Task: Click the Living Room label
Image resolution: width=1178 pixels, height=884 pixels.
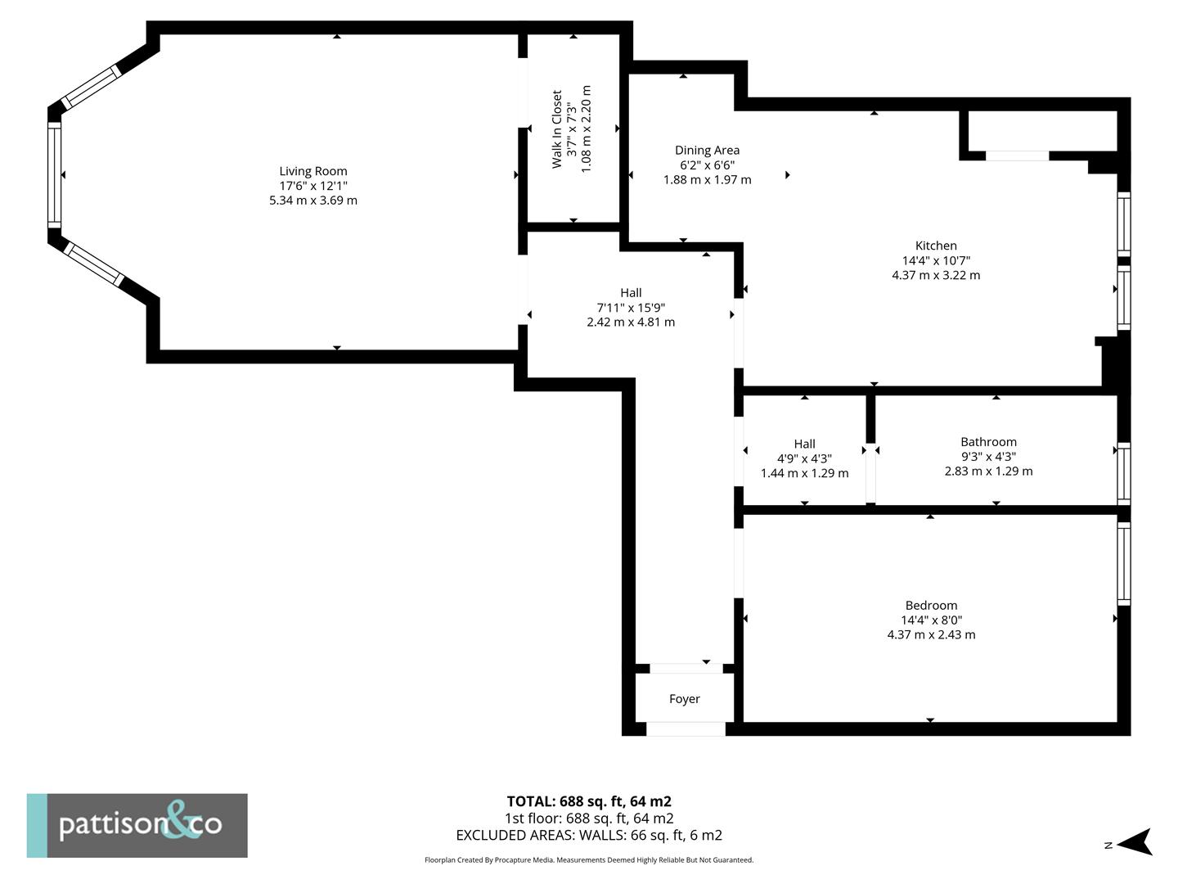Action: tap(312, 171)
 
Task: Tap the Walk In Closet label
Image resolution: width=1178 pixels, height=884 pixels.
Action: tap(556, 129)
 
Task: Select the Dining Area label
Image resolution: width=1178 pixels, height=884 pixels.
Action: tap(707, 151)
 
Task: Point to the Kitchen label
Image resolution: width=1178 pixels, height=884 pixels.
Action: tap(936, 246)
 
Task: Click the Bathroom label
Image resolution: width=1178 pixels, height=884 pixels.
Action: tap(988, 442)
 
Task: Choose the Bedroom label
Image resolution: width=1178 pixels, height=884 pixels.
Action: tap(931, 606)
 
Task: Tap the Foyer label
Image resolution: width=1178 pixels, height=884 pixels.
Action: tap(684, 699)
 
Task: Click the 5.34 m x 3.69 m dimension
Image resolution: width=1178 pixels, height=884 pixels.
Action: tap(312, 201)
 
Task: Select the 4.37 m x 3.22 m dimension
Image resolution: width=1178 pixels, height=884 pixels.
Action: tap(936, 275)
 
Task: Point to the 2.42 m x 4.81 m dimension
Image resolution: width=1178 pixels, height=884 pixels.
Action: tap(631, 322)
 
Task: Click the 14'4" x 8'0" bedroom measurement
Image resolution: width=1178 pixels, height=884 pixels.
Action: tap(931, 620)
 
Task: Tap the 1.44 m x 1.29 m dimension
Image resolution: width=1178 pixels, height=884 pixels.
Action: tap(804, 473)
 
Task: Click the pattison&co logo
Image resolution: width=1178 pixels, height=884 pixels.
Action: tap(137, 826)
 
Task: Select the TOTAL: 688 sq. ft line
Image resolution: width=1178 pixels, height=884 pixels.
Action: tap(589, 801)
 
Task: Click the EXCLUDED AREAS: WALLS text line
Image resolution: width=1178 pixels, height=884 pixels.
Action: tap(589, 835)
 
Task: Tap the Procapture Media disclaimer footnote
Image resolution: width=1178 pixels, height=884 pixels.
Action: tap(589, 859)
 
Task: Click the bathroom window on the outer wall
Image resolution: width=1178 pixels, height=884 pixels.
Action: tap(1124, 473)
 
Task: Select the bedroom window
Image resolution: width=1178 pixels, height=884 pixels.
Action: tap(1124, 563)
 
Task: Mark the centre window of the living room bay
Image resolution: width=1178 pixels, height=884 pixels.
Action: tap(54, 175)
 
